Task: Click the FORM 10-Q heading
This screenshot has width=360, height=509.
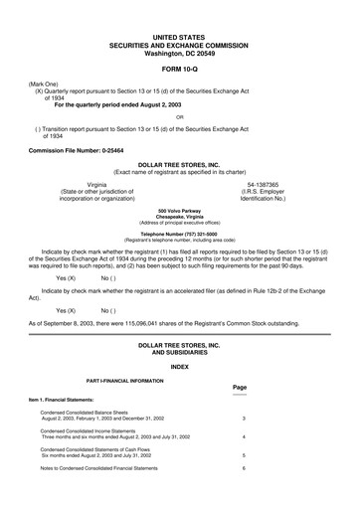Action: [x=179, y=70]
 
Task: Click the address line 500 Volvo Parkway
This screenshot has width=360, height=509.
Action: [x=179, y=212]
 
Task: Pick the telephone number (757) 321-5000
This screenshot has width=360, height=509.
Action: [x=179, y=234]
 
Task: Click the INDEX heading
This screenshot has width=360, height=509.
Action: [x=179, y=367]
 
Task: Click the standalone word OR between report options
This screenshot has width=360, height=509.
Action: [x=179, y=117]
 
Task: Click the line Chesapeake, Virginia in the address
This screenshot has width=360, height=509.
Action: [x=179, y=218]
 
